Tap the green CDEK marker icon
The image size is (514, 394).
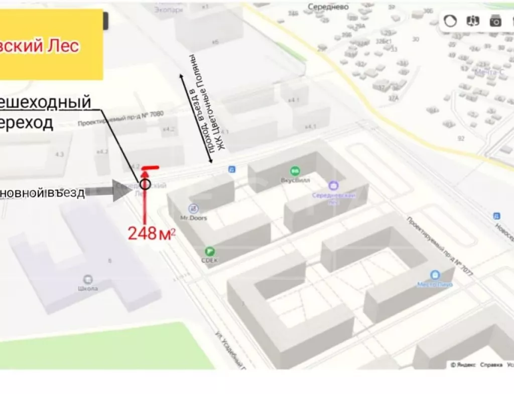[x=209, y=251]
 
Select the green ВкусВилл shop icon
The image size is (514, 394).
[x=295, y=171]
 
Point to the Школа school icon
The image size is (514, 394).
[x=88, y=279]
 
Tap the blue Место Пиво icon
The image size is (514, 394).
[x=435, y=275]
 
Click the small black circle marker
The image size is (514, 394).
[x=145, y=184]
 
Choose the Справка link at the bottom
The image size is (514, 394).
[x=490, y=365]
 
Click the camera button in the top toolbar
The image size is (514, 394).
[x=495, y=21]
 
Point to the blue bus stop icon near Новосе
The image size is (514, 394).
[x=496, y=216]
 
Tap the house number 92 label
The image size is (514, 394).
[x=461, y=138]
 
